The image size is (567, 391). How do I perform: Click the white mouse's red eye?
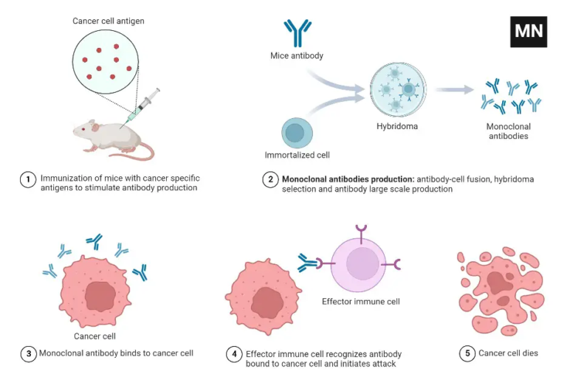pyautogui.click(x=83, y=129)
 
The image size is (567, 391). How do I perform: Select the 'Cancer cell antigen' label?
pyautogui.click(x=109, y=21)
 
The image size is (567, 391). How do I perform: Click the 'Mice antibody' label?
pyautogui.click(x=297, y=55)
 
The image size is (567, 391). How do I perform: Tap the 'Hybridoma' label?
pyautogui.click(x=397, y=126)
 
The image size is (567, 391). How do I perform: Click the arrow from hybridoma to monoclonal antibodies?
pyautogui.click(x=454, y=90)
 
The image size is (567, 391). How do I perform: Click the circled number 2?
pyautogui.click(x=271, y=179)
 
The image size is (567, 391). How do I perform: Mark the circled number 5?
pyautogui.click(x=467, y=353)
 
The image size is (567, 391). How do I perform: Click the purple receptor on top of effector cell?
pyautogui.click(x=361, y=231)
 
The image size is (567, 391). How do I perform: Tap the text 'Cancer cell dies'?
pyautogui.click(x=509, y=353)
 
